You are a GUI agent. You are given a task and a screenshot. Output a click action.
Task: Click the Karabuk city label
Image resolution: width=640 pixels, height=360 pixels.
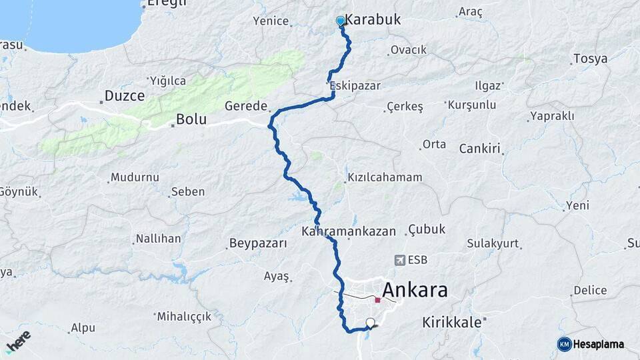point(373,19)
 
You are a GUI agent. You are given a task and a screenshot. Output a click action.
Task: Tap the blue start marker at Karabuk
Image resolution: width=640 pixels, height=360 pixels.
point(341,21)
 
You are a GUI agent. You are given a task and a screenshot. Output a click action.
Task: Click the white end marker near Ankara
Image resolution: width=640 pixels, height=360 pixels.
point(371,323)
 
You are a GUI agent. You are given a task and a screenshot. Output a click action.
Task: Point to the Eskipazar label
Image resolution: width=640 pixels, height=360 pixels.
point(354,86)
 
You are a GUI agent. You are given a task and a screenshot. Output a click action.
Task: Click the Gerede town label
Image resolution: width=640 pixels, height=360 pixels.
point(245,106)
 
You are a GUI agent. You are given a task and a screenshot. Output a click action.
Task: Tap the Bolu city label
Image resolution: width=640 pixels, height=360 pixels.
point(191,121)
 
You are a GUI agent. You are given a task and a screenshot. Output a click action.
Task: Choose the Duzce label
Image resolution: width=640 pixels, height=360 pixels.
point(125,96)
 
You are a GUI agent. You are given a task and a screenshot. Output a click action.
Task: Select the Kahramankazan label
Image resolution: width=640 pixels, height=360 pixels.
point(348,231)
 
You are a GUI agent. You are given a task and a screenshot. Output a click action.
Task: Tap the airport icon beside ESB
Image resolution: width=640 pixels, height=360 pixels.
point(399,260)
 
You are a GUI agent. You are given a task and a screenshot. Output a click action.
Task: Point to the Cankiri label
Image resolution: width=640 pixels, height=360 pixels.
point(479,149)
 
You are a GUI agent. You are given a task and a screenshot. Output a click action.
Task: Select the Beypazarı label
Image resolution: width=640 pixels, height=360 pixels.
point(257,243)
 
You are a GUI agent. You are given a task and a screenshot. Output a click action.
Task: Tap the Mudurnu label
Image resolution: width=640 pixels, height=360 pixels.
point(135,177)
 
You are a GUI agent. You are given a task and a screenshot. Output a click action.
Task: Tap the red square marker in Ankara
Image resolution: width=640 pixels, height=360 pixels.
point(377,300)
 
